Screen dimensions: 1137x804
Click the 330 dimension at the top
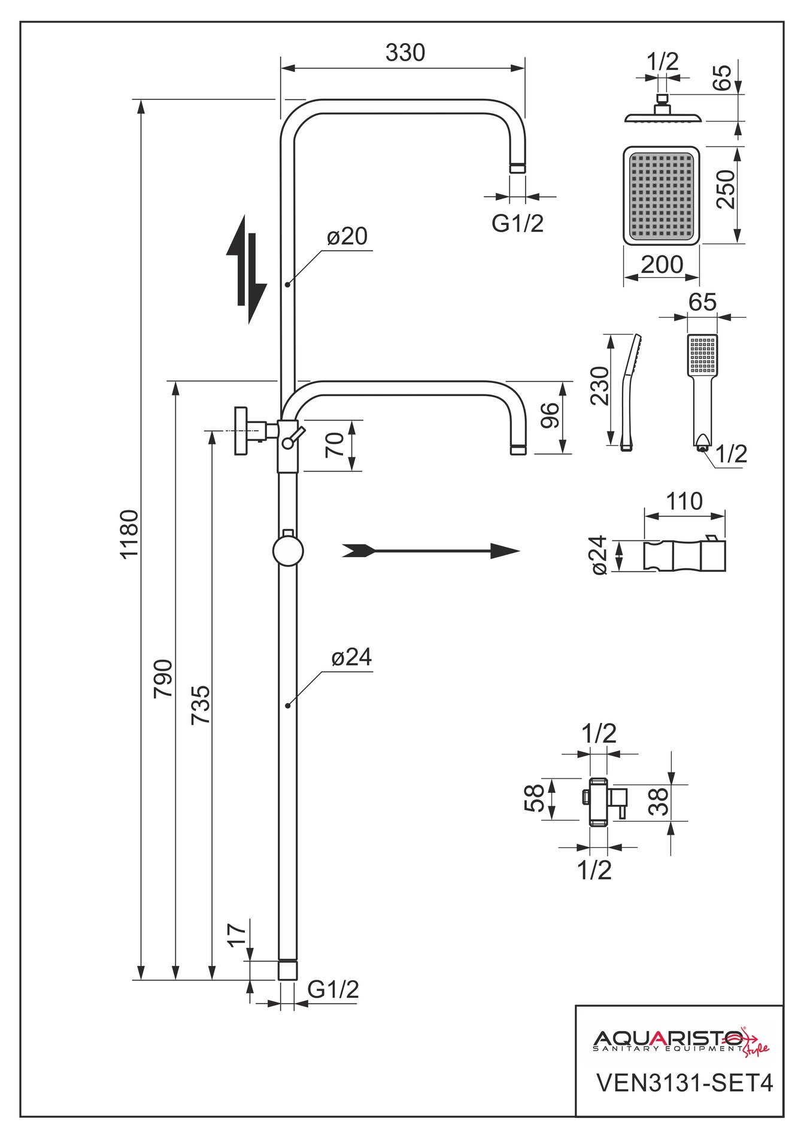click(405, 53)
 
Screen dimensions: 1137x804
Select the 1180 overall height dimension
click(129, 533)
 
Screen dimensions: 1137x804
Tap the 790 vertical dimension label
click(163, 678)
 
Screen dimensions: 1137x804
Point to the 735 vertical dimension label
click(201, 705)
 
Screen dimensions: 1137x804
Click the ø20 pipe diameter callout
click(347, 237)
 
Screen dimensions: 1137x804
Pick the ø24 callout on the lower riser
click(351, 658)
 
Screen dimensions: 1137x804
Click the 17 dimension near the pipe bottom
click(237, 935)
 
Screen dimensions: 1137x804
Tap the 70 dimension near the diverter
click(335, 444)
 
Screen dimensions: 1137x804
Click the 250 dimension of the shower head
click(725, 189)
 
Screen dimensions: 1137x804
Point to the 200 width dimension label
click(662, 265)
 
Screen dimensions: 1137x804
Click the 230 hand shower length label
click(599, 385)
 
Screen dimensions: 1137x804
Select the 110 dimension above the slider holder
click(684, 501)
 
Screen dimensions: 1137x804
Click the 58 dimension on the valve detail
click(535, 798)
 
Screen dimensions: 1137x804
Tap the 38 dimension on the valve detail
click(659, 801)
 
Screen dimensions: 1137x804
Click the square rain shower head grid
click(662, 196)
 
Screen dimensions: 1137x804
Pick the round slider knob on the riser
click(288, 551)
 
